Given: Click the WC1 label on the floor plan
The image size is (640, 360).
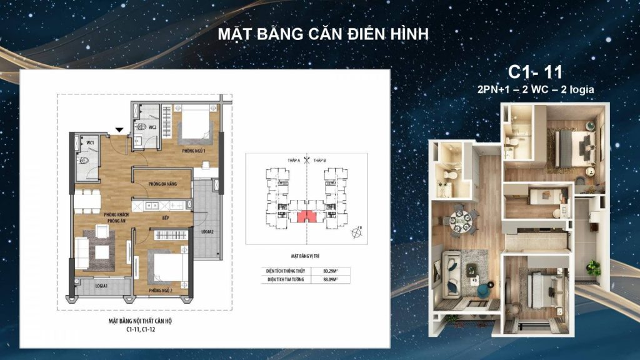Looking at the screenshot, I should click(90, 143).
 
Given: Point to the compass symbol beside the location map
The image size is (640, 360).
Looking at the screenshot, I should click(356, 233).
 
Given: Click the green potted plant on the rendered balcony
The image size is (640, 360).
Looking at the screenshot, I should click(593, 267).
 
